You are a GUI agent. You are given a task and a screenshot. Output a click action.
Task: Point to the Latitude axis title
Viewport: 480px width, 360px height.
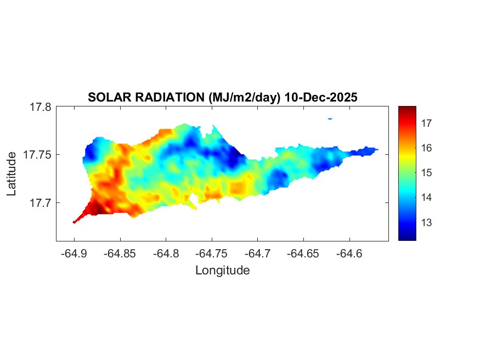click(12, 174)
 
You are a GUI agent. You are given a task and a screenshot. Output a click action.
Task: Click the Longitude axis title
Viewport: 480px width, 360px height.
click(222, 270)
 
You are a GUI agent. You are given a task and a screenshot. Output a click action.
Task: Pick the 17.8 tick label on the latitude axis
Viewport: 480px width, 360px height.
click(41, 107)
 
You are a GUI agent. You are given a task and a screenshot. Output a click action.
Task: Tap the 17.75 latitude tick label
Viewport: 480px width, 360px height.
click(38, 155)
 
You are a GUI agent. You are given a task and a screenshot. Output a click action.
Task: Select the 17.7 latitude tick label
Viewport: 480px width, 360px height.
click(41, 203)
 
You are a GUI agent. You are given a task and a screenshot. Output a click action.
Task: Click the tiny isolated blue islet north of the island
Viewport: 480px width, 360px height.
click(330, 118)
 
